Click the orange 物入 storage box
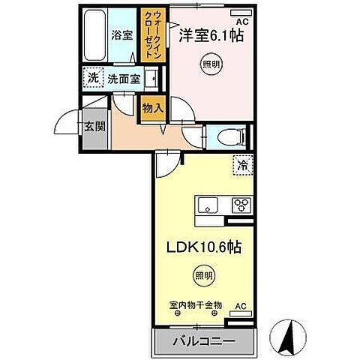pyautogui.click(x=152, y=108)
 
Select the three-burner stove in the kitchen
pyautogui.click(x=241, y=204)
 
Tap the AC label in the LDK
pyautogui.click(x=241, y=307)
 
